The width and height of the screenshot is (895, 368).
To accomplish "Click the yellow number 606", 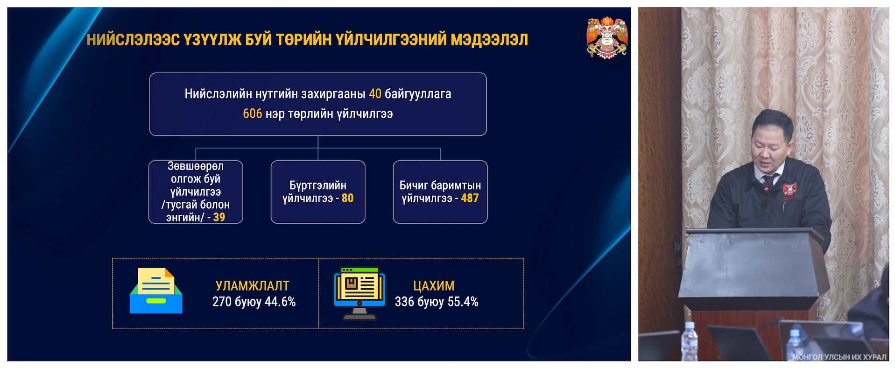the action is [x=252, y=113].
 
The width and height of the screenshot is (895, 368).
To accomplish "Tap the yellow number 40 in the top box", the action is [x=375, y=94].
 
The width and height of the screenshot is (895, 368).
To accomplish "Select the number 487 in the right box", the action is [x=470, y=198].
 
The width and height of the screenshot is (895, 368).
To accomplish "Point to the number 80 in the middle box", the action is [x=347, y=198].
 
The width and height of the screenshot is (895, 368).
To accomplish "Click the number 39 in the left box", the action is [x=219, y=217].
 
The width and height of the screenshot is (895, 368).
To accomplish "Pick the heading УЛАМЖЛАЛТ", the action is [x=253, y=286].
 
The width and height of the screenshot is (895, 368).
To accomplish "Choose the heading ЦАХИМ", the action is [x=434, y=286].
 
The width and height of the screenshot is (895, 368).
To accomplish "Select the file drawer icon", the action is [x=156, y=290].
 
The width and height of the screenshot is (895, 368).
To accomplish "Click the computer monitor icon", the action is [x=359, y=293].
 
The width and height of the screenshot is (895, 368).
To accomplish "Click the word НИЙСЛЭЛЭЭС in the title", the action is [x=133, y=40].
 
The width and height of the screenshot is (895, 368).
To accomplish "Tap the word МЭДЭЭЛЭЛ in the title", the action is [x=489, y=40].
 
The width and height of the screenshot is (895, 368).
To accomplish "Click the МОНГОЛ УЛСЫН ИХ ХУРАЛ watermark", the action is [x=839, y=357].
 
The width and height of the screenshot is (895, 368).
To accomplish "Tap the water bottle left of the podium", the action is [x=689, y=341].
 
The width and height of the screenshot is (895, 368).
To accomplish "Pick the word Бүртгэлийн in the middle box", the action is [x=318, y=185].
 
